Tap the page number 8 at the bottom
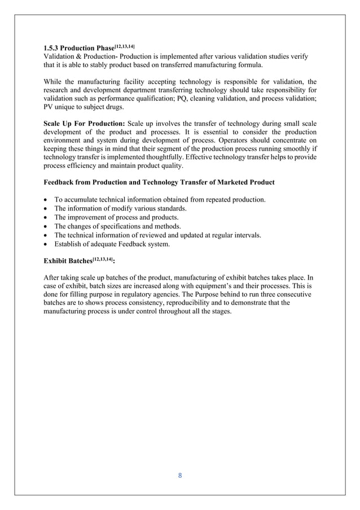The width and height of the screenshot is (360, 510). pos(180,475)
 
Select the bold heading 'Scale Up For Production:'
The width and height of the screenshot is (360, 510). pos(84,124)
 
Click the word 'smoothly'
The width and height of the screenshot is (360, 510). pos(294,150)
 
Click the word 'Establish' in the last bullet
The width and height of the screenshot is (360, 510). pos(68,244)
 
